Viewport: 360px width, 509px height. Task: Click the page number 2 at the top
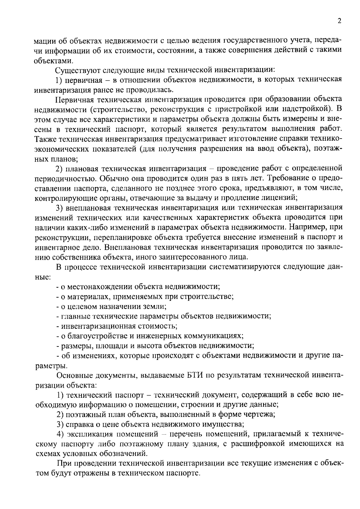click(x=339, y=21)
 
